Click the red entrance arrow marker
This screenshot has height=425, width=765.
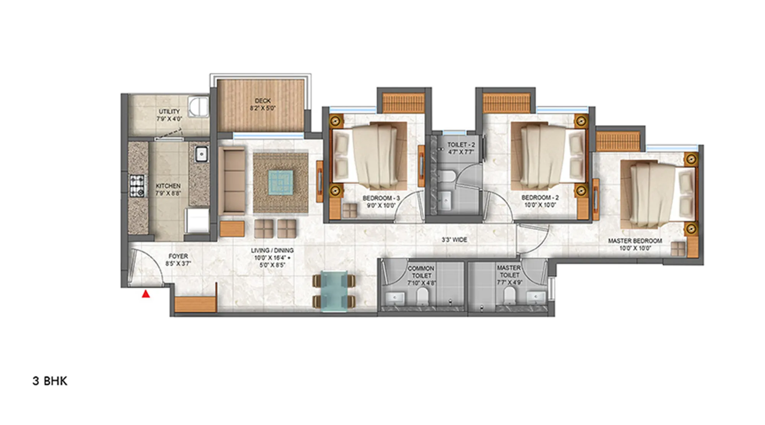[146, 294]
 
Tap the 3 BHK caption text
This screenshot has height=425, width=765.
[50, 381]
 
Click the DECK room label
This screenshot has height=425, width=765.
[262, 101]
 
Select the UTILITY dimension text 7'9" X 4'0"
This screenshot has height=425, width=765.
[169, 119]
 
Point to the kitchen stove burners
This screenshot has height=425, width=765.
[137, 186]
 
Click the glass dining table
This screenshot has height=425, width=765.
[334, 291]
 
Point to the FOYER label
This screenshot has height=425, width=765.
[178, 256]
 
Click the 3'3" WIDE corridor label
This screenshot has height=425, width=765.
[454, 240]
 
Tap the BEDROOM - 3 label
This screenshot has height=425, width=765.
[381, 198]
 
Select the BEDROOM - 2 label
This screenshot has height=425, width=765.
[540, 197]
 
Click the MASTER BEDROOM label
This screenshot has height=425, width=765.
[635, 241]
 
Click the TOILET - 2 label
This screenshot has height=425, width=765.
[461, 145]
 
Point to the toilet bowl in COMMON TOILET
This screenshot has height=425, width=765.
[422, 295]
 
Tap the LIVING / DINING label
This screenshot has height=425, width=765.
[272, 250]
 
